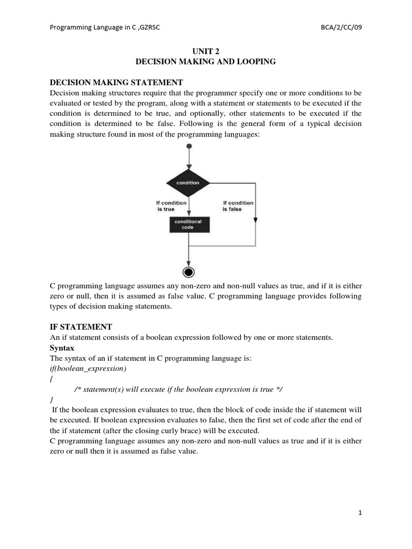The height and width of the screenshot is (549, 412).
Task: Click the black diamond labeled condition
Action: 188,183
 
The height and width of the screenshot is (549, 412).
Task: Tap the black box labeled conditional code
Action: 188,224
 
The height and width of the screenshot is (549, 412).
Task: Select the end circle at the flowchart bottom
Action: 188,272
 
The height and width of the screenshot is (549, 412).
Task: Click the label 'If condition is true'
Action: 171,206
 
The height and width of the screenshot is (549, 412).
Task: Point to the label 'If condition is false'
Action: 237,206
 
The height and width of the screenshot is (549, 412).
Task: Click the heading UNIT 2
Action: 206,51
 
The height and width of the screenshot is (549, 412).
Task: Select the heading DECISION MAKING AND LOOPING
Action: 206,62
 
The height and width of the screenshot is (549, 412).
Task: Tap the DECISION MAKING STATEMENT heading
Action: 116,83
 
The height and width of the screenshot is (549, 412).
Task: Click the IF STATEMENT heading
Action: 81,327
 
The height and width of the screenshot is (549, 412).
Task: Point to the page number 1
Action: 360,513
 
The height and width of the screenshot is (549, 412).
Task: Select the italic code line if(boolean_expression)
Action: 88,369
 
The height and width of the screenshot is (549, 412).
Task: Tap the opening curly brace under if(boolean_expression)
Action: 51,379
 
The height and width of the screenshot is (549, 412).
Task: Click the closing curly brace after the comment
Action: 51,400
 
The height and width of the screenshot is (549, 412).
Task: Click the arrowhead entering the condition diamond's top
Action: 188,167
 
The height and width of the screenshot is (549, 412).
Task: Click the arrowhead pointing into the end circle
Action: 188,263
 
